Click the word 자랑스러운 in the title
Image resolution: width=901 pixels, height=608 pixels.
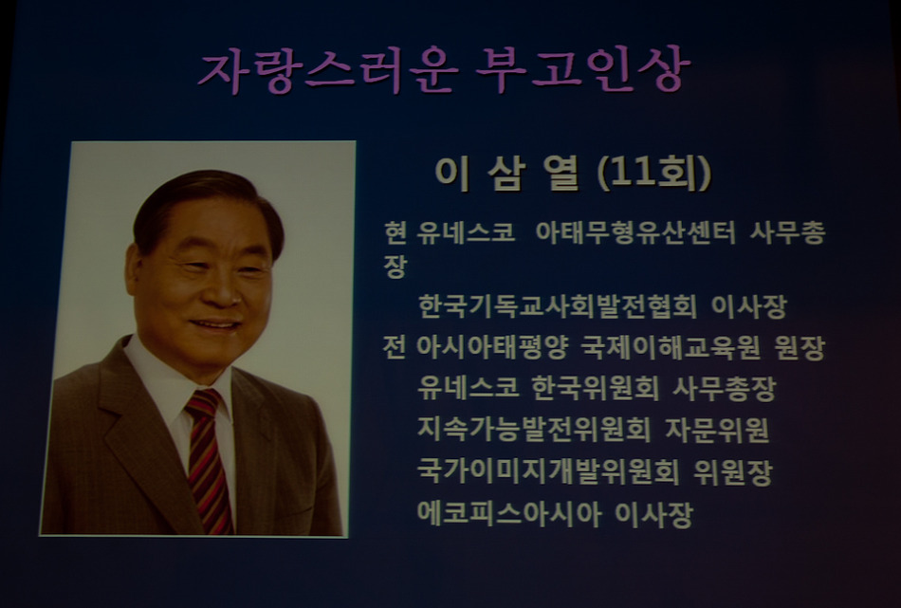(x=327, y=71)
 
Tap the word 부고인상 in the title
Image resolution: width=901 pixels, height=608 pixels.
(x=584, y=69)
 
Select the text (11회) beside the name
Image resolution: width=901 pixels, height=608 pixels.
(x=654, y=173)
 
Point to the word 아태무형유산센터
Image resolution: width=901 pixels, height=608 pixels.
(x=635, y=232)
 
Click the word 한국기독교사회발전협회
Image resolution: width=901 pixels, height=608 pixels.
(x=558, y=306)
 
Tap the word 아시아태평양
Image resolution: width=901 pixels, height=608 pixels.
(x=492, y=347)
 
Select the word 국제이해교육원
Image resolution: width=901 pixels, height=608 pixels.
(x=670, y=347)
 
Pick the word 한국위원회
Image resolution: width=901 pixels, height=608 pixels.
(x=596, y=389)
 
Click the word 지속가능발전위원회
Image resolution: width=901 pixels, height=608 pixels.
(x=534, y=430)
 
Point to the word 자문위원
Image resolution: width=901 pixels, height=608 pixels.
(x=717, y=430)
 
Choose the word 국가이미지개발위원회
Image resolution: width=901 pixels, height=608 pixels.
(x=548, y=471)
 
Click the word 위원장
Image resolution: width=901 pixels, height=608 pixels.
(x=732, y=471)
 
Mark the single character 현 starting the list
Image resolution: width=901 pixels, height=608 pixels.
(x=395, y=232)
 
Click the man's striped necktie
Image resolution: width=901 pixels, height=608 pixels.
(x=208, y=460)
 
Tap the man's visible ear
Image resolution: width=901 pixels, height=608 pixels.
(x=135, y=271)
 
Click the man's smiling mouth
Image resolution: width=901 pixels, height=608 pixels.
(x=216, y=325)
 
